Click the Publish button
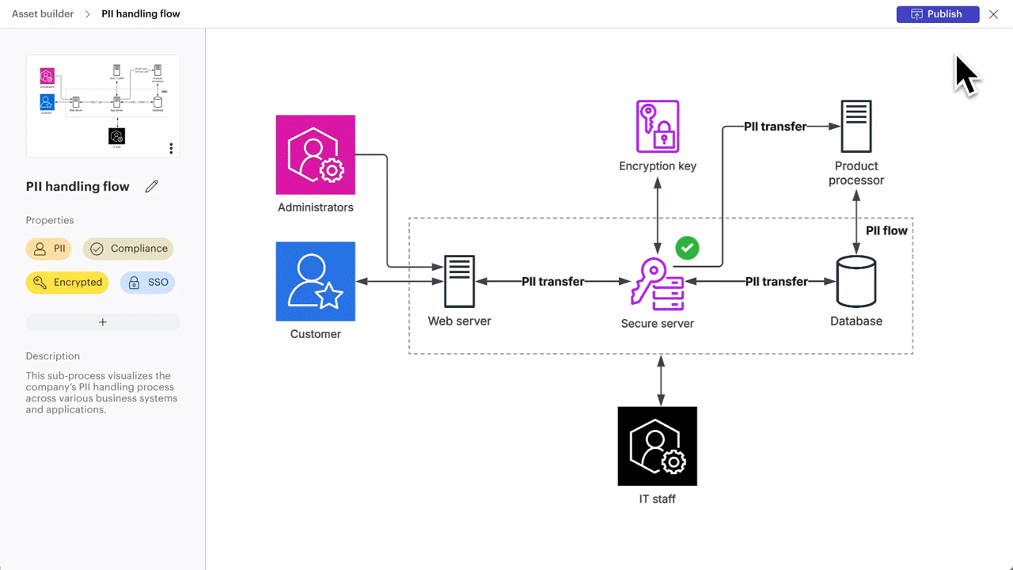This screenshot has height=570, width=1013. [937, 14]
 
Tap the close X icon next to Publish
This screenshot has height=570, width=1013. [993, 14]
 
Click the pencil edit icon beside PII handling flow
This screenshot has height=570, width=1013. [152, 187]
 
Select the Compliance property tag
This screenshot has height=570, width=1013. [128, 249]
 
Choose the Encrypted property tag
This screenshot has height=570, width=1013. [67, 283]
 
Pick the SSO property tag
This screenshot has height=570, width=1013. [148, 283]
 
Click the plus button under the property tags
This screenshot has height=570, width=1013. [103, 322]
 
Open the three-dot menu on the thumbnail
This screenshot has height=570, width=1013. [171, 148]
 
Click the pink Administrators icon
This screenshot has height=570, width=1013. [315, 154]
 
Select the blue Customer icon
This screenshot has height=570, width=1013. [315, 281]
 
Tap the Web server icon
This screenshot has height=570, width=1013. [459, 281]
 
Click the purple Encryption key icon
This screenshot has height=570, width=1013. [658, 126]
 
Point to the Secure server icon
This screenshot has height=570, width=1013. [658, 283]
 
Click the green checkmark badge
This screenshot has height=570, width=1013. [687, 248]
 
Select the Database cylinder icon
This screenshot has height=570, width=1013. [856, 281]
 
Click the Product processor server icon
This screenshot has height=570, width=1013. [856, 126]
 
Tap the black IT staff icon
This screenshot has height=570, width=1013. [658, 446]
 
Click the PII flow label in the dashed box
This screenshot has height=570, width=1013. [886, 231]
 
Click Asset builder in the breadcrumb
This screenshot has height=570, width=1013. [43, 14]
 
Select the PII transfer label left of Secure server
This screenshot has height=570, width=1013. [552, 282]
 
